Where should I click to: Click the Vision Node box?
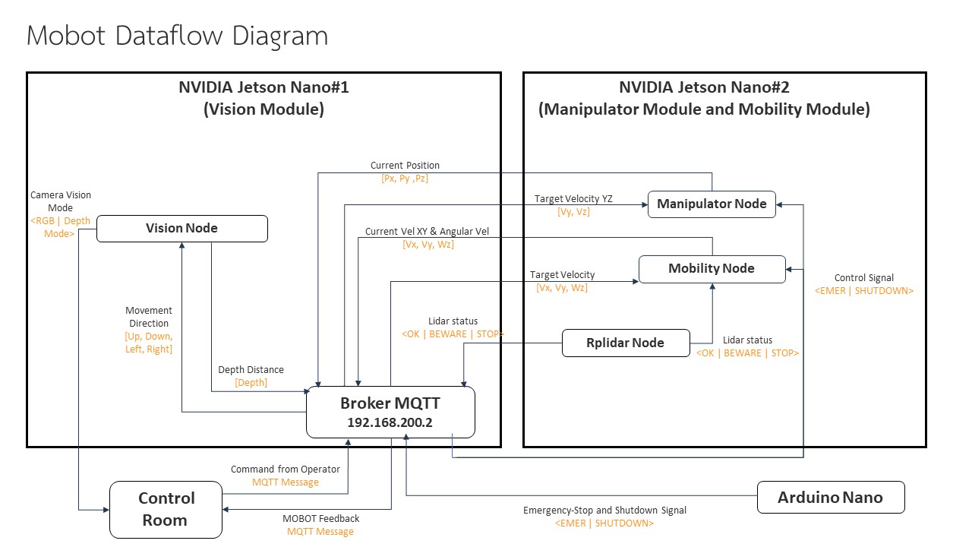[x=182, y=229]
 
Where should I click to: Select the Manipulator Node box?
[x=712, y=204]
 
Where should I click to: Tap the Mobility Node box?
[x=712, y=269]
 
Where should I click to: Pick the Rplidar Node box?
[x=626, y=343]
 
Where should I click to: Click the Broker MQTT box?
[x=390, y=412]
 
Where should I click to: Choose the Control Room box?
[x=166, y=509]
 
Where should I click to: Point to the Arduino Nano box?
[x=831, y=498]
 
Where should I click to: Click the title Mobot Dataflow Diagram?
[x=177, y=36]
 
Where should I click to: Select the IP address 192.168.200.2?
[x=390, y=422]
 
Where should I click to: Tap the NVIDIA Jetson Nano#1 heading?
[x=264, y=87]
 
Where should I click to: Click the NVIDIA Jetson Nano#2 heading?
[x=704, y=87]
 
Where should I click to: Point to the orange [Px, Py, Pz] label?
[x=405, y=179]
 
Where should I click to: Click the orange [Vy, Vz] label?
[x=573, y=212]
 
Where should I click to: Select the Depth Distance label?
[x=251, y=370]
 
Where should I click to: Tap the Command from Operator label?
[x=286, y=470]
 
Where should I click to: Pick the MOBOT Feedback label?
[x=320, y=518]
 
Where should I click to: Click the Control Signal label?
[x=863, y=278]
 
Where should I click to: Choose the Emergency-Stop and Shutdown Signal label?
[x=604, y=511]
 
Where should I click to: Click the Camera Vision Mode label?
[x=61, y=201]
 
